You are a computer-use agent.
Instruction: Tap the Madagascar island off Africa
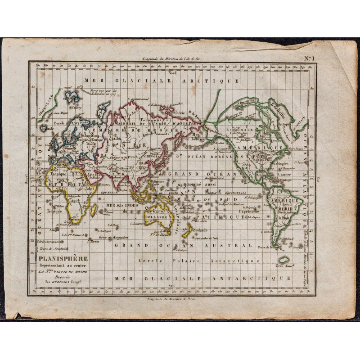pos(94,210)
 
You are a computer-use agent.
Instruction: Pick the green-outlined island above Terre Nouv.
pos(283,260)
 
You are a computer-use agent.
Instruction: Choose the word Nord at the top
pos(171,73)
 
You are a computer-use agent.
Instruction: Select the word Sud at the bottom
pos(171,285)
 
